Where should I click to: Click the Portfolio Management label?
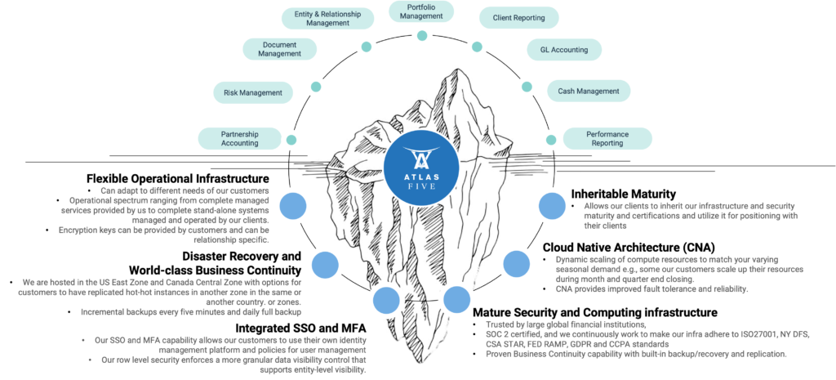pos(421,11)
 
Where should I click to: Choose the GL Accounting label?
pos(564,50)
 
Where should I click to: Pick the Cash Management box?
pos(588,91)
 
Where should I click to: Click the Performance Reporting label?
pos(607,138)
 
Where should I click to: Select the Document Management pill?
pos(279,49)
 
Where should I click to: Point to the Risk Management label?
pos(252,92)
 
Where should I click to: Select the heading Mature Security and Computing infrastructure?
pos(595,312)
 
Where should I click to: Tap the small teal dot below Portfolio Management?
pos(421,35)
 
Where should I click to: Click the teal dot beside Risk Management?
pos(316,87)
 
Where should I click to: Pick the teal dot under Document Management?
pos(366,47)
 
